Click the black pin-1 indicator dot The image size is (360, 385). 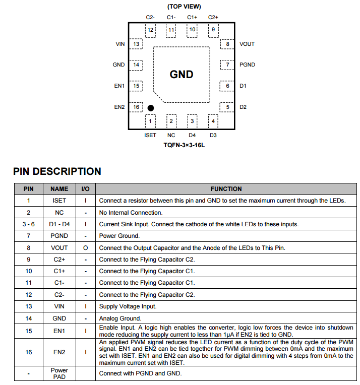click(150, 108)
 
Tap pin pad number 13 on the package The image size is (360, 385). click(136, 44)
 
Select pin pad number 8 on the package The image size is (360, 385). click(227, 44)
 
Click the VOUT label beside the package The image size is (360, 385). click(247, 44)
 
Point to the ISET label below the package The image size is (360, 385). click(150, 135)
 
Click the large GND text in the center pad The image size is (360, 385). click(182, 75)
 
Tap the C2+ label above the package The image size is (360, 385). click(213, 17)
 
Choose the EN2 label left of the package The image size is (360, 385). click(119, 107)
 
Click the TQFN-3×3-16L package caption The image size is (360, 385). click(184, 145)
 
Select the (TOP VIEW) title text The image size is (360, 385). click(184, 7)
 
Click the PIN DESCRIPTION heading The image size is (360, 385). click(57, 171)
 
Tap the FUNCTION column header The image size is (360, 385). click(226, 189)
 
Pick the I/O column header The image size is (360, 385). click(85, 189)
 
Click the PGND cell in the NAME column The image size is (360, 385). click(59, 235)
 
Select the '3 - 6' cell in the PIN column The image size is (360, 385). click(29, 224)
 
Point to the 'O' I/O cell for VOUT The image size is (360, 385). click(85, 247)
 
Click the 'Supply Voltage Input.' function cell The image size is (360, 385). click(128, 306)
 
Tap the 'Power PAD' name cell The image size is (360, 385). click(59, 373)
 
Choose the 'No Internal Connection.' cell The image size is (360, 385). click(131, 213)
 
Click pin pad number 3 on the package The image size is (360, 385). click(192, 121)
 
